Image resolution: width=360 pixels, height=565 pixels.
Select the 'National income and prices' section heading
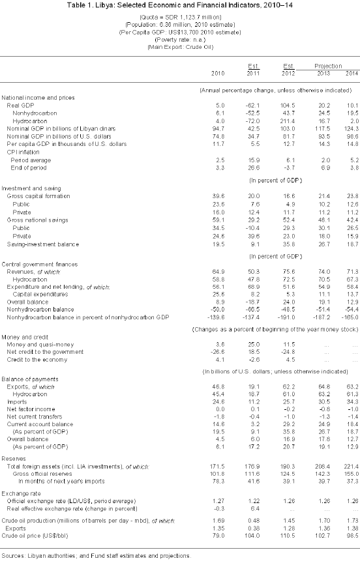[38, 97]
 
